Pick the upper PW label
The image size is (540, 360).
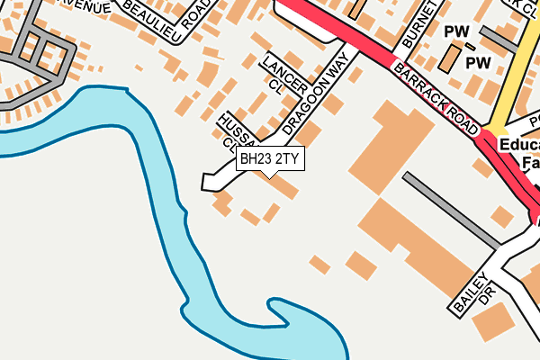coord(458,31)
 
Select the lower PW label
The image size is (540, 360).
coord(477,63)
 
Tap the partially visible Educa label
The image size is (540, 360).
coord(519,145)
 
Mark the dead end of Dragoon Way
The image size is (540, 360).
coord(210,183)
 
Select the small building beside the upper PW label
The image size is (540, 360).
coord(448,58)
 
